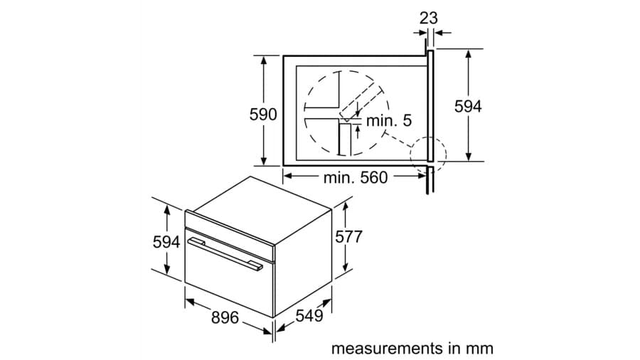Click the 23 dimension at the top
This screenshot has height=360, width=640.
point(428,18)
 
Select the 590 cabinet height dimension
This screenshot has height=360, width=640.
point(262,115)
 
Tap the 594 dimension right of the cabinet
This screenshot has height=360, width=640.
point(468,106)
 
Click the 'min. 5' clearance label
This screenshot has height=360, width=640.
point(389,121)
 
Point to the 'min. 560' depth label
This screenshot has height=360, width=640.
point(356,178)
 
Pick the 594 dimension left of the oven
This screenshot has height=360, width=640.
point(166,242)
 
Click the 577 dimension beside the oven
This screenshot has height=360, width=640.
point(349,237)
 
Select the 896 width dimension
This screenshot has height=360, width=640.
point(225,317)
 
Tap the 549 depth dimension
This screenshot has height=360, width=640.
point(309,315)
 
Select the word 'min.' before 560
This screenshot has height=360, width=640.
point(338,178)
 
